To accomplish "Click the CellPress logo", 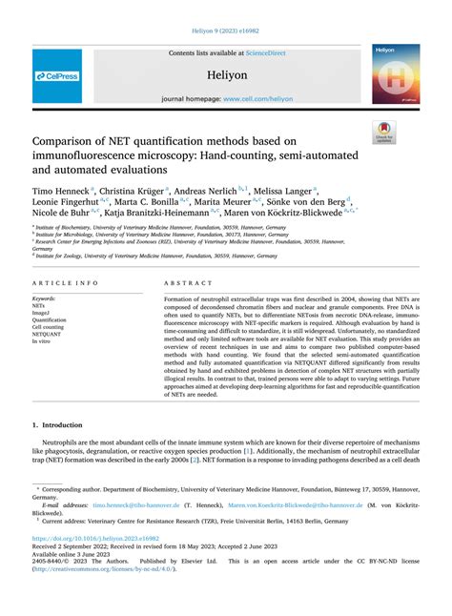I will click(57, 75).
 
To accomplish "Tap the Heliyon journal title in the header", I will click(225, 72).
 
